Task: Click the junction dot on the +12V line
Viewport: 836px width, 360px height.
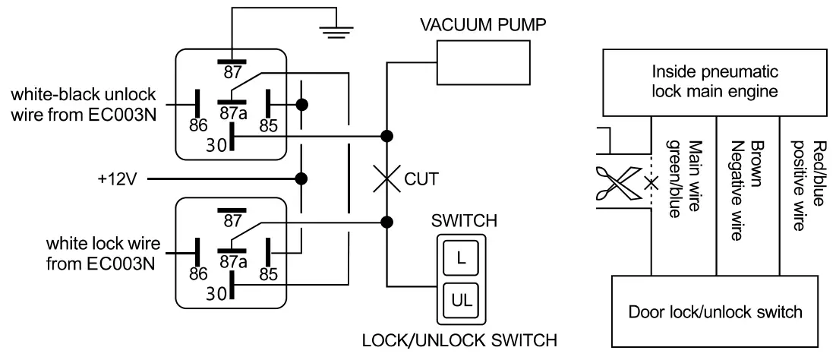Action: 302,179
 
